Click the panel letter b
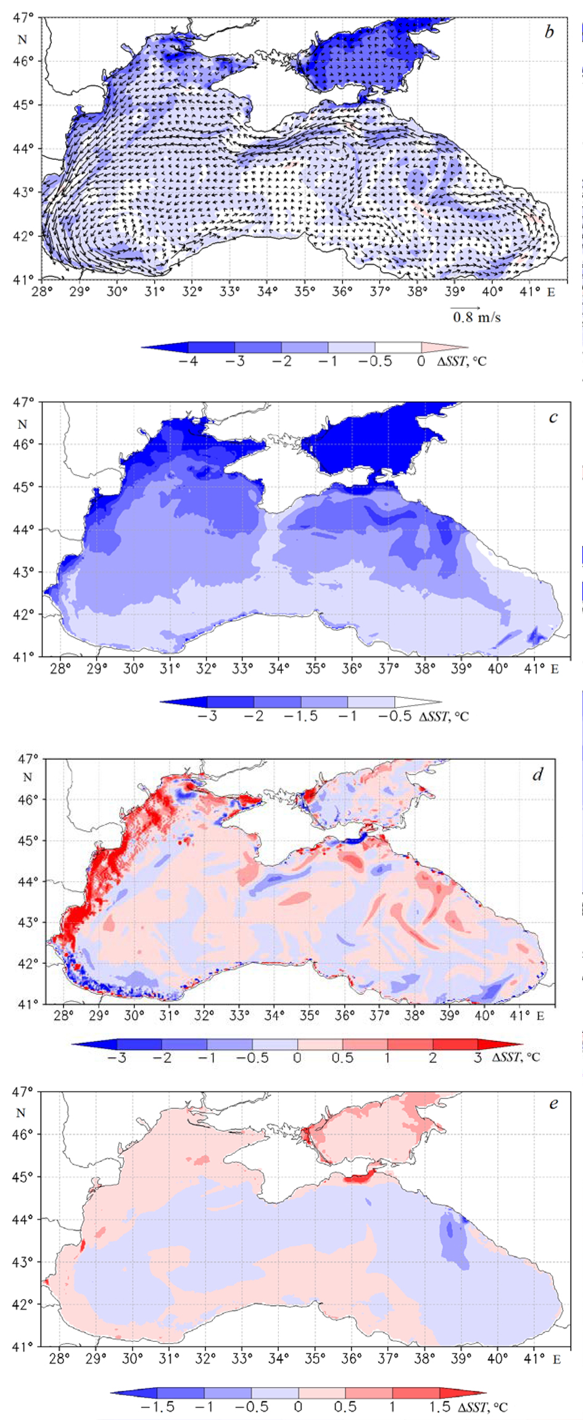(x=549, y=32)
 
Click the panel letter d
(x=537, y=774)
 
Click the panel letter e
(x=553, y=1103)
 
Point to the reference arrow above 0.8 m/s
(x=465, y=307)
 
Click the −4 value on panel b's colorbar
(x=188, y=362)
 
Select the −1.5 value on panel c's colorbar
(x=301, y=716)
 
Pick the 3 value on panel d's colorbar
(x=478, y=1058)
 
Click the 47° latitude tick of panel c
(x=23, y=402)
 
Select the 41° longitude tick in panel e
(x=534, y=1358)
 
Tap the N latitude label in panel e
(x=22, y=1113)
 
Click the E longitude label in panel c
(x=555, y=668)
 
